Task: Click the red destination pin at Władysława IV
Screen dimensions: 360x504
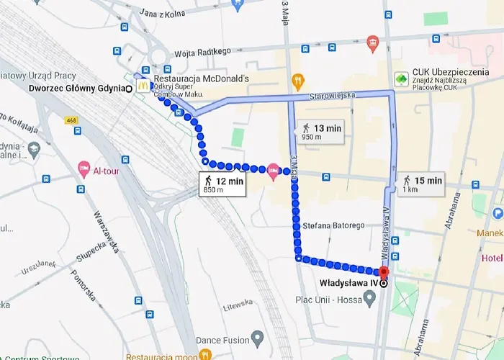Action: (x=383, y=273)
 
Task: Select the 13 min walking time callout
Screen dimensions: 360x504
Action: (x=320, y=132)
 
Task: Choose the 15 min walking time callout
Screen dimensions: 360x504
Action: (x=422, y=184)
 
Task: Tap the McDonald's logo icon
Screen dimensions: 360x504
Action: (x=143, y=85)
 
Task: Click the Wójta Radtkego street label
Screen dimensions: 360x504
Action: (x=202, y=51)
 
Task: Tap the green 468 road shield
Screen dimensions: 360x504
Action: (x=71, y=120)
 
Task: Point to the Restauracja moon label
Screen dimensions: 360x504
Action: (x=161, y=356)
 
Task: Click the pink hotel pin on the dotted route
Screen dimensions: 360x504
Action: (x=273, y=171)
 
